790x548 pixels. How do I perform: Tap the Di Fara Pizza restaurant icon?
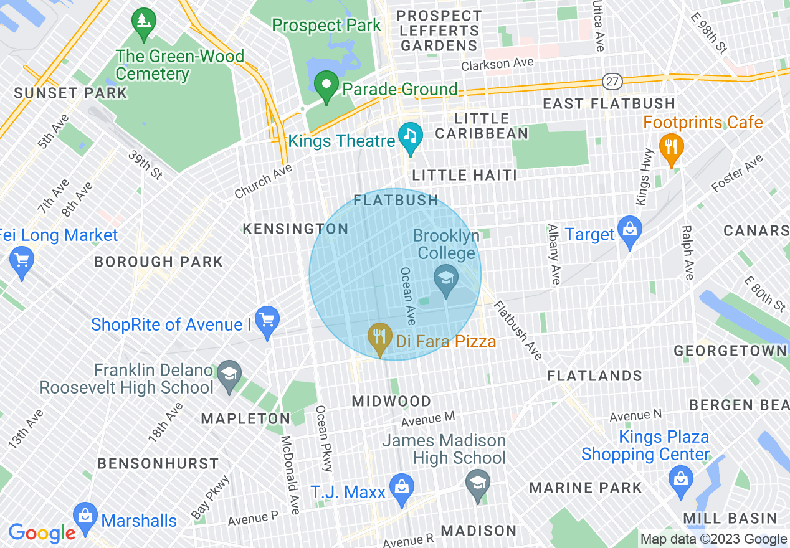coord(379,337)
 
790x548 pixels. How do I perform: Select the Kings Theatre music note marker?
coord(411,136)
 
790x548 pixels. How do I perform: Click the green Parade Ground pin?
coord(325,85)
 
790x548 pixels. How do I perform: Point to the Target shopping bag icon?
coord(630,231)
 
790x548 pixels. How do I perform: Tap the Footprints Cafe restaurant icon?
coord(671,148)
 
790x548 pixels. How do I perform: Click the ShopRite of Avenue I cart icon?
coord(267,321)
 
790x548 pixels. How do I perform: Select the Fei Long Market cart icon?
coord(22,261)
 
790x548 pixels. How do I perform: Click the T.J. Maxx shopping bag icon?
coord(401,488)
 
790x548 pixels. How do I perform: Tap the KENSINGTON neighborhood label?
coord(295,229)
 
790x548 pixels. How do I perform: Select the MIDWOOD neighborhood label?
coord(392,401)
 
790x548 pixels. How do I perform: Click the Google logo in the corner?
coord(42,532)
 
